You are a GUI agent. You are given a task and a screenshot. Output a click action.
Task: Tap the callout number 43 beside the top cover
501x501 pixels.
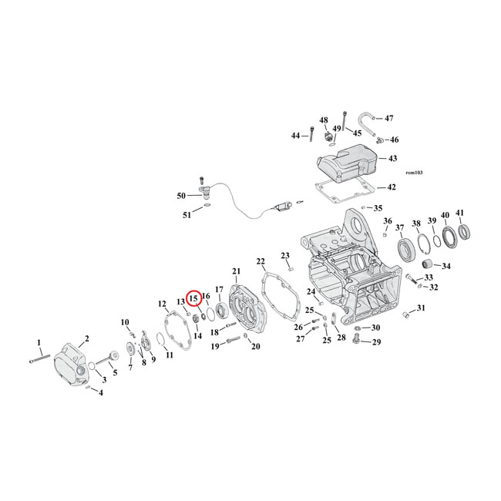(x=392, y=158)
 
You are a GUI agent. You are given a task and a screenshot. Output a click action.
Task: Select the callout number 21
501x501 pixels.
(x=236, y=271)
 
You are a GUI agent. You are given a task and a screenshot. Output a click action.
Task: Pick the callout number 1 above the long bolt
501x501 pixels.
(x=39, y=341)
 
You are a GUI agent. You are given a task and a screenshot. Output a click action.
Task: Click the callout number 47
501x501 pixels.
(x=388, y=118)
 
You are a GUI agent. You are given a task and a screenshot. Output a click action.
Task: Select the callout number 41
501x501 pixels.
(x=460, y=214)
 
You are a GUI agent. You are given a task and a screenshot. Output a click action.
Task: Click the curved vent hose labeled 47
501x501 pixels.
(x=366, y=121)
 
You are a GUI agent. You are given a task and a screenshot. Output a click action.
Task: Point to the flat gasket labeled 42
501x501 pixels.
(x=344, y=187)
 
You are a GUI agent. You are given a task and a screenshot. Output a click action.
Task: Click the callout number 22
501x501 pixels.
(x=261, y=261)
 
